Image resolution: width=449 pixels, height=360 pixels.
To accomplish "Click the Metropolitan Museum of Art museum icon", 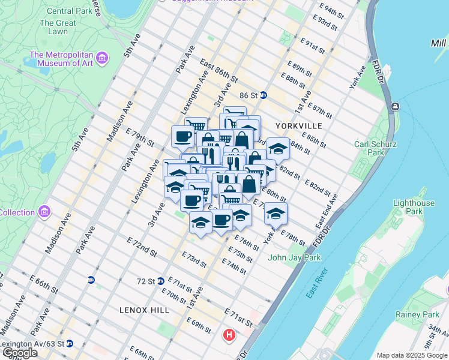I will (x=103, y=58).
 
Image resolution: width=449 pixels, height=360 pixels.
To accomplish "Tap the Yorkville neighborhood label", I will (x=299, y=126).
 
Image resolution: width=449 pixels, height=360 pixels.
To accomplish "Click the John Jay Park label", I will (x=294, y=257).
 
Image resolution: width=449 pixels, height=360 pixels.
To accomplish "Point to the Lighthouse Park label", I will (x=413, y=207).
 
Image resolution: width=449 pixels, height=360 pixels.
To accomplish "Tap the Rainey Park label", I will (x=417, y=314).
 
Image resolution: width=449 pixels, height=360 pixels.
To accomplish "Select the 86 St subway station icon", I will (x=263, y=95).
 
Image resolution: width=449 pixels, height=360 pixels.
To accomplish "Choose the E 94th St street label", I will (x=337, y=10).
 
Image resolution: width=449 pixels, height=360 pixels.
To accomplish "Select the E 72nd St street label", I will (x=142, y=247).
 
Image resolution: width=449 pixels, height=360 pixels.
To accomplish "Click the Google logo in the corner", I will (x=19, y=353).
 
